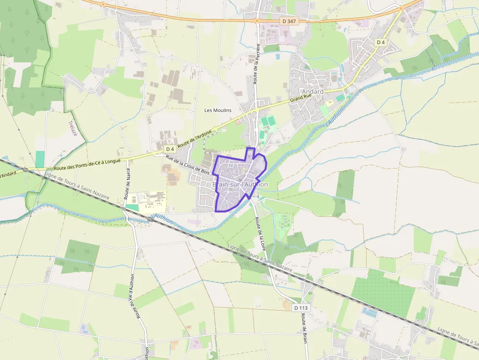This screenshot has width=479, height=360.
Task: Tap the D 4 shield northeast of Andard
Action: click(x=381, y=42)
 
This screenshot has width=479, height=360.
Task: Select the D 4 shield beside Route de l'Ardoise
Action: click(x=170, y=148)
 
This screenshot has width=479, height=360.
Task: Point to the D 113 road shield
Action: click(x=302, y=308)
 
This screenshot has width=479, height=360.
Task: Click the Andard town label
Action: click(x=313, y=92)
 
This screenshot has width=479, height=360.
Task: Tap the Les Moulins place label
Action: click(x=218, y=110)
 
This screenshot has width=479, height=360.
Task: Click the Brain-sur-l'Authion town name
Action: click(x=240, y=185)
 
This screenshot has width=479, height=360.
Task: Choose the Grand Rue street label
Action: click(x=301, y=98)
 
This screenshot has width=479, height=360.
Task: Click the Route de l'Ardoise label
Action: click(x=195, y=139)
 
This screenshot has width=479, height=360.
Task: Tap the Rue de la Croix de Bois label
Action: click(x=188, y=165)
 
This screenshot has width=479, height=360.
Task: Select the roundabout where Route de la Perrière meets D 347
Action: click(x=257, y=21)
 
